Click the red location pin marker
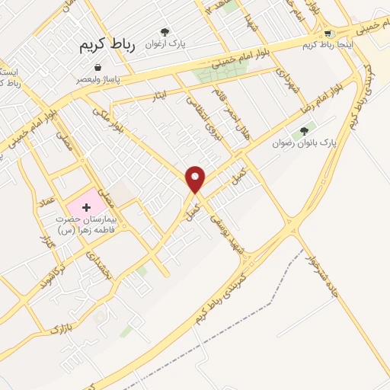196,178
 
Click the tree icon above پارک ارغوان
165,32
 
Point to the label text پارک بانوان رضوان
305,142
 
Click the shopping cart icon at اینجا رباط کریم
328,34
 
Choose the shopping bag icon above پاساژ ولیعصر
100,67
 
